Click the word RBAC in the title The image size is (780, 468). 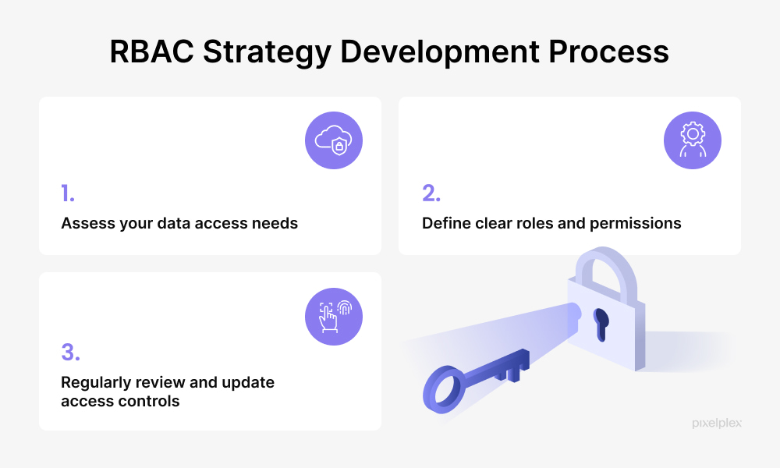(x=152, y=51)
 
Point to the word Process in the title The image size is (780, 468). (x=608, y=51)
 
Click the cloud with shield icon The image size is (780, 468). (x=334, y=140)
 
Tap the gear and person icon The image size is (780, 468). (x=693, y=140)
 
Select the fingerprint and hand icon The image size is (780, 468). (x=334, y=317)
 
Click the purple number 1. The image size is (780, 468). (x=68, y=193)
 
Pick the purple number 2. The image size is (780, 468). (x=431, y=193)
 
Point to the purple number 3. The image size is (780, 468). (x=70, y=352)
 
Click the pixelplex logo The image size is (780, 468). (x=717, y=424)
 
